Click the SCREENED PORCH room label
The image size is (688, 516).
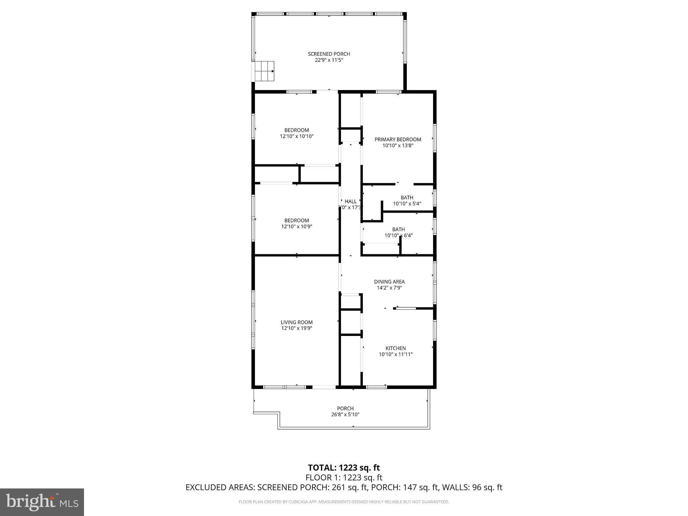(x=329, y=54)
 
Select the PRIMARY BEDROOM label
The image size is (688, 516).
(x=398, y=139)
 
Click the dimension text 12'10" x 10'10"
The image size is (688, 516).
(x=297, y=136)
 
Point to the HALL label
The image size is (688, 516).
(x=350, y=201)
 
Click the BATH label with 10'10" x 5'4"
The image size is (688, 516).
(x=407, y=198)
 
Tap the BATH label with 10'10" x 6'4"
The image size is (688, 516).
(x=398, y=229)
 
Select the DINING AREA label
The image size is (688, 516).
(x=389, y=282)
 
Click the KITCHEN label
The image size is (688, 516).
(x=395, y=348)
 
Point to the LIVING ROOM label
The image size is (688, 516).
(x=297, y=322)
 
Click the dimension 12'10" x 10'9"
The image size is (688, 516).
(x=297, y=226)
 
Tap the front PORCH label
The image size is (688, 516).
(x=345, y=408)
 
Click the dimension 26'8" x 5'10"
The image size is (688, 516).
(x=345, y=415)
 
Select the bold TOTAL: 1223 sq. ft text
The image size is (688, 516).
(x=344, y=468)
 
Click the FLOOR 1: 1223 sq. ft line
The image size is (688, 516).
(x=344, y=477)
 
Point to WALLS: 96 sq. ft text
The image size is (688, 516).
(x=472, y=487)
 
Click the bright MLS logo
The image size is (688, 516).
(x=42, y=502)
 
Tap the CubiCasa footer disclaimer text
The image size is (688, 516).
(x=344, y=502)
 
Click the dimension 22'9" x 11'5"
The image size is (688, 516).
(x=329, y=60)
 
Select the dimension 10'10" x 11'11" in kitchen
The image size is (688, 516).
(x=395, y=354)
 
